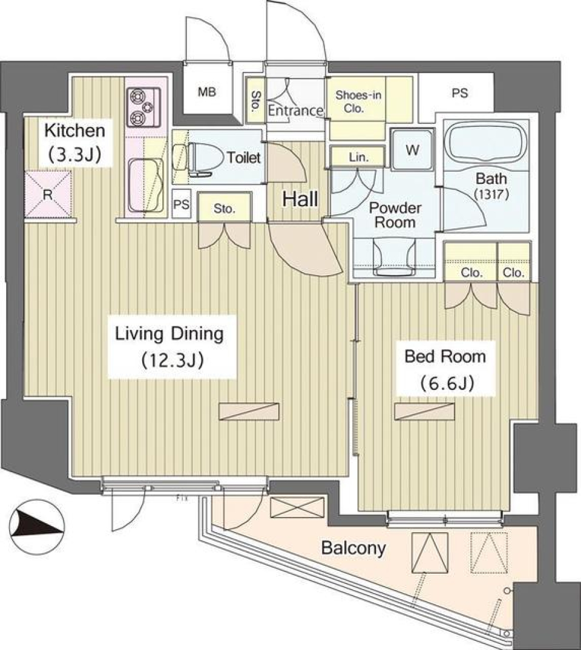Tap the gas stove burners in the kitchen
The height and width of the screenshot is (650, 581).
[143, 105]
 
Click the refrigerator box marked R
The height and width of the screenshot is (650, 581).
[48, 194]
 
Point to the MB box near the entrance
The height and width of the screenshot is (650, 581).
[207, 93]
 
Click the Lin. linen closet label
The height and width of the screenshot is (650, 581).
[357, 157]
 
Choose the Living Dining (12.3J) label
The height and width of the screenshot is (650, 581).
[171, 346]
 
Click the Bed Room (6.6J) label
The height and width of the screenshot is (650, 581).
[445, 368]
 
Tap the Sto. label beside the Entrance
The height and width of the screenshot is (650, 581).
[255, 102]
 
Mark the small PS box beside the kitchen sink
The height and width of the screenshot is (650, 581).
[180, 204]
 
